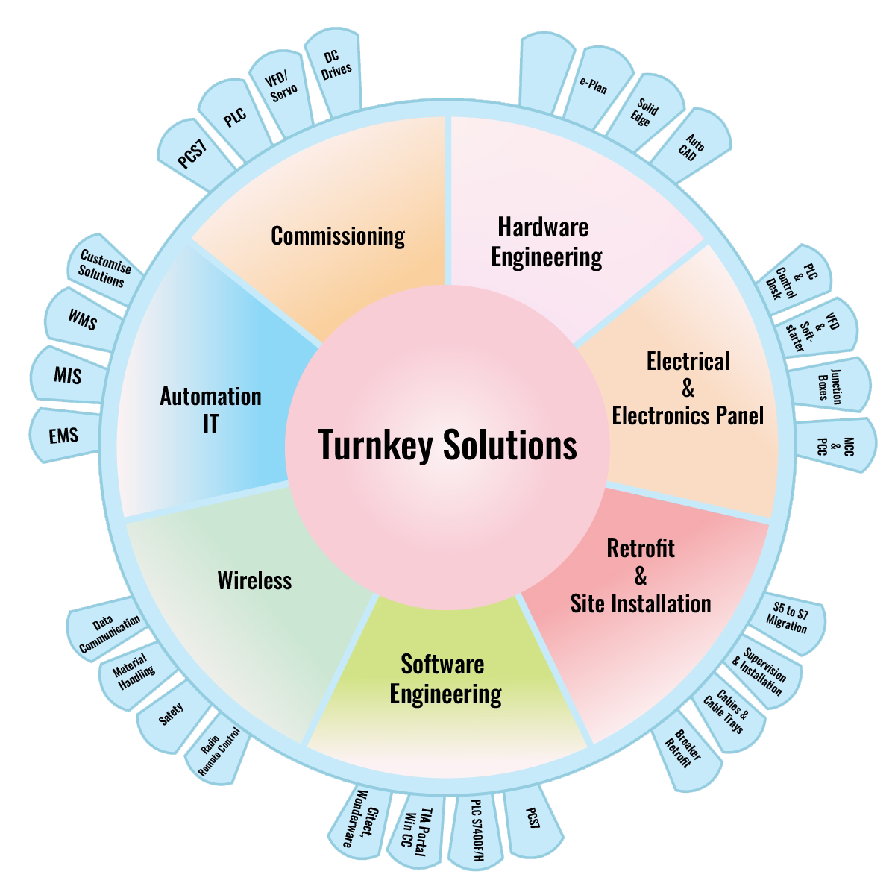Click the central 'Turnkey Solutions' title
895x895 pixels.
[447, 445]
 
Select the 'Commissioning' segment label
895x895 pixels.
[337, 236]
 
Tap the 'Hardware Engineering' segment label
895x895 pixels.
[545, 242]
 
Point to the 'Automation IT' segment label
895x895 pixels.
[210, 409]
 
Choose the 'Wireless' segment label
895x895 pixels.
[254, 580]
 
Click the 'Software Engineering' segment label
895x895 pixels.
[446, 679]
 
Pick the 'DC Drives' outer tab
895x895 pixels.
[335, 67]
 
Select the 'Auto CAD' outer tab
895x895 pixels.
[691, 147]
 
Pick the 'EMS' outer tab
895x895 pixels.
[63, 436]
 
